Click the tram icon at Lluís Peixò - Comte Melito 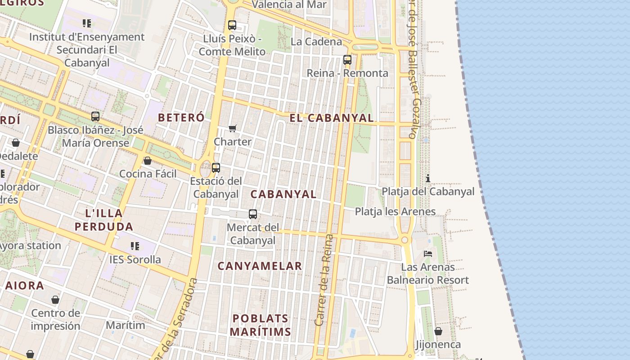pyautogui.click(x=232, y=25)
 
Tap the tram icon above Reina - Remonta pyautogui.click(x=347, y=60)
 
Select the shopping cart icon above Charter pyautogui.click(x=233, y=129)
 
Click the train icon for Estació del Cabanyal pyautogui.click(x=216, y=168)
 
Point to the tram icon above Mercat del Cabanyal pyautogui.click(x=253, y=214)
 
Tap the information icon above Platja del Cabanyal pyautogui.click(x=427, y=178)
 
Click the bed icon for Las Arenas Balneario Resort pyautogui.click(x=428, y=254)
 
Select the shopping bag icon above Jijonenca pyautogui.click(x=438, y=332)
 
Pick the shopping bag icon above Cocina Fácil pyautogui.click(x=147, y=161)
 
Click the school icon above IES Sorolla pyautogui.click(x=135, y=246)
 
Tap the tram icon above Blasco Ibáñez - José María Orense pyautogui.click(x=95, y=117)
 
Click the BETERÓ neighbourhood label pyautogui.click(x=181, y=117)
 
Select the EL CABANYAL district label pyautogui.click(x=331, y=118)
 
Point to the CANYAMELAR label pyautogui.click(x=260, y=266)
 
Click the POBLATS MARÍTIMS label pyautogui.click(x=261, y=325)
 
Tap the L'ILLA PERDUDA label pyautogui.click(x=104, y=220)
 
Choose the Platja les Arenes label pyautogui.click(x=395, y=211)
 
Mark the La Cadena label pyautogui.click(x=316, y=42)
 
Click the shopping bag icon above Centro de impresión pyautogui.click(x=55, y=300)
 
